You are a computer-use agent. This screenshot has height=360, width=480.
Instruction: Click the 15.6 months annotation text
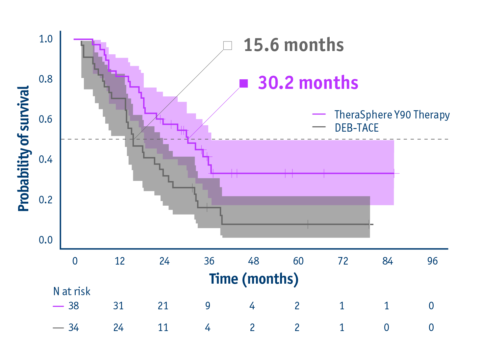click(293, 45)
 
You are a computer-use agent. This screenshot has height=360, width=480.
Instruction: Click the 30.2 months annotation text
click(308, 83)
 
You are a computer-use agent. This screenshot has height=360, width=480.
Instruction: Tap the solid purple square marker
click(243, 84)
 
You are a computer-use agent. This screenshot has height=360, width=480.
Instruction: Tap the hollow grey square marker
click(227, 45)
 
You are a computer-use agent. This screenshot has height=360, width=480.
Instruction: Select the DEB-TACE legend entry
click(357, 128)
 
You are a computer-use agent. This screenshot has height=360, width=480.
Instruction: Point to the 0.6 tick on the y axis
click(46, 119)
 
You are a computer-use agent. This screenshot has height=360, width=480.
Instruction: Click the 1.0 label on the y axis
click(46, 39)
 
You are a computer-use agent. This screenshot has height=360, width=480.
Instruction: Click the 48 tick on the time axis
click(253, 261)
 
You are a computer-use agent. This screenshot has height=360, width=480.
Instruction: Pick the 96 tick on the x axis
click(432, 261)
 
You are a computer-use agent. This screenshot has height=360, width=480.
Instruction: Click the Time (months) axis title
click(254, 279)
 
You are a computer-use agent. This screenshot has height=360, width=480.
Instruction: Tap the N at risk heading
click(72, 292)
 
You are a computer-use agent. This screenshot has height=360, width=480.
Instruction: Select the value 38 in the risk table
click(74, 306)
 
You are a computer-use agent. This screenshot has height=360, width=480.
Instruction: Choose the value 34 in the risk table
click(74, 328)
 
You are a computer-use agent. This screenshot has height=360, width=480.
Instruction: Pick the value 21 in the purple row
click(163, 306)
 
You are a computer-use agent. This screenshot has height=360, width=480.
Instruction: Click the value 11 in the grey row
click(163, 328)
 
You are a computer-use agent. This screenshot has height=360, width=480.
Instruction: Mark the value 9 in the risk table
click(208, 306)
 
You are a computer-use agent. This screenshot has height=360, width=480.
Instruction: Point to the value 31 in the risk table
click(118, 306)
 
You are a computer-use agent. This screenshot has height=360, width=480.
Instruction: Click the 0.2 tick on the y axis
click(46, 200)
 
